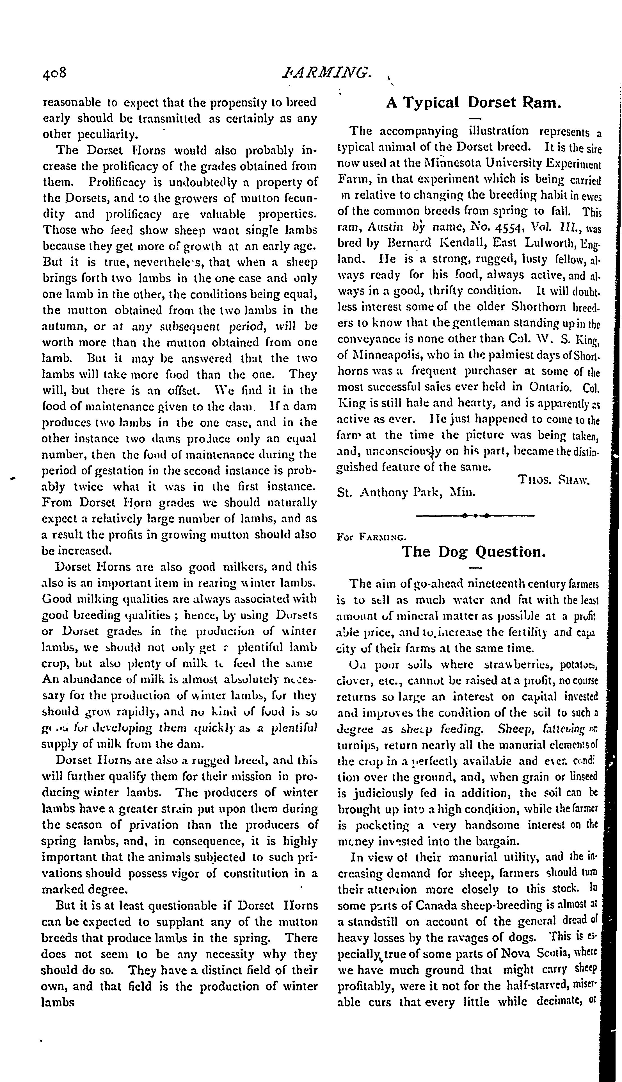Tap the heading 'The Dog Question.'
(x=474, y=552)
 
